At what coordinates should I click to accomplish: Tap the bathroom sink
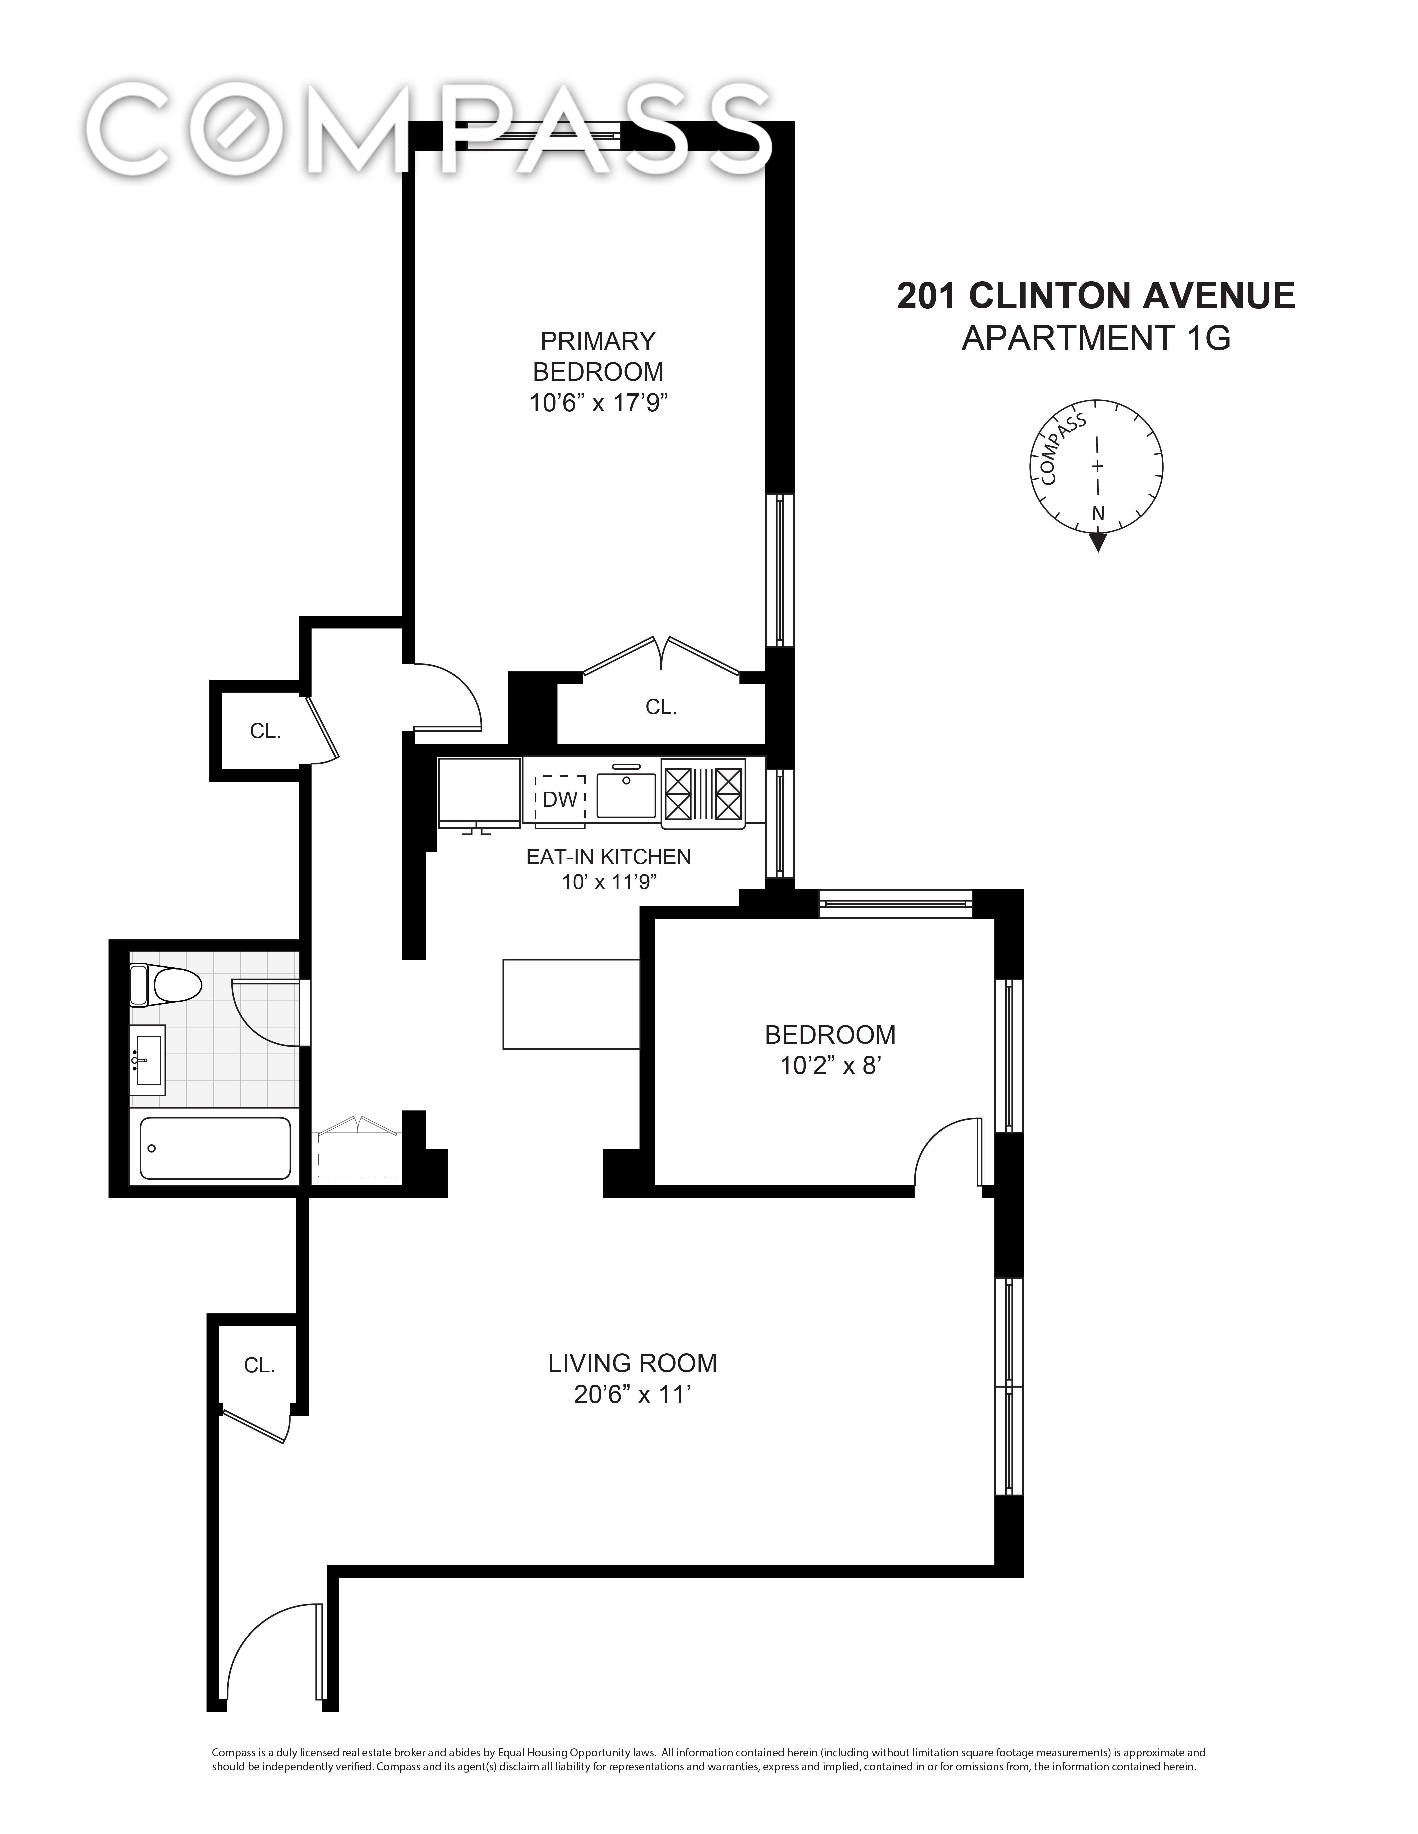point(148,1060)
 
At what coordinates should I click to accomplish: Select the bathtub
point(215,1148)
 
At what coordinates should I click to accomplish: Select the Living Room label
point(633,1363)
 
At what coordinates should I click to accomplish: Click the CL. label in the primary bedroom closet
point(661,708)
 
